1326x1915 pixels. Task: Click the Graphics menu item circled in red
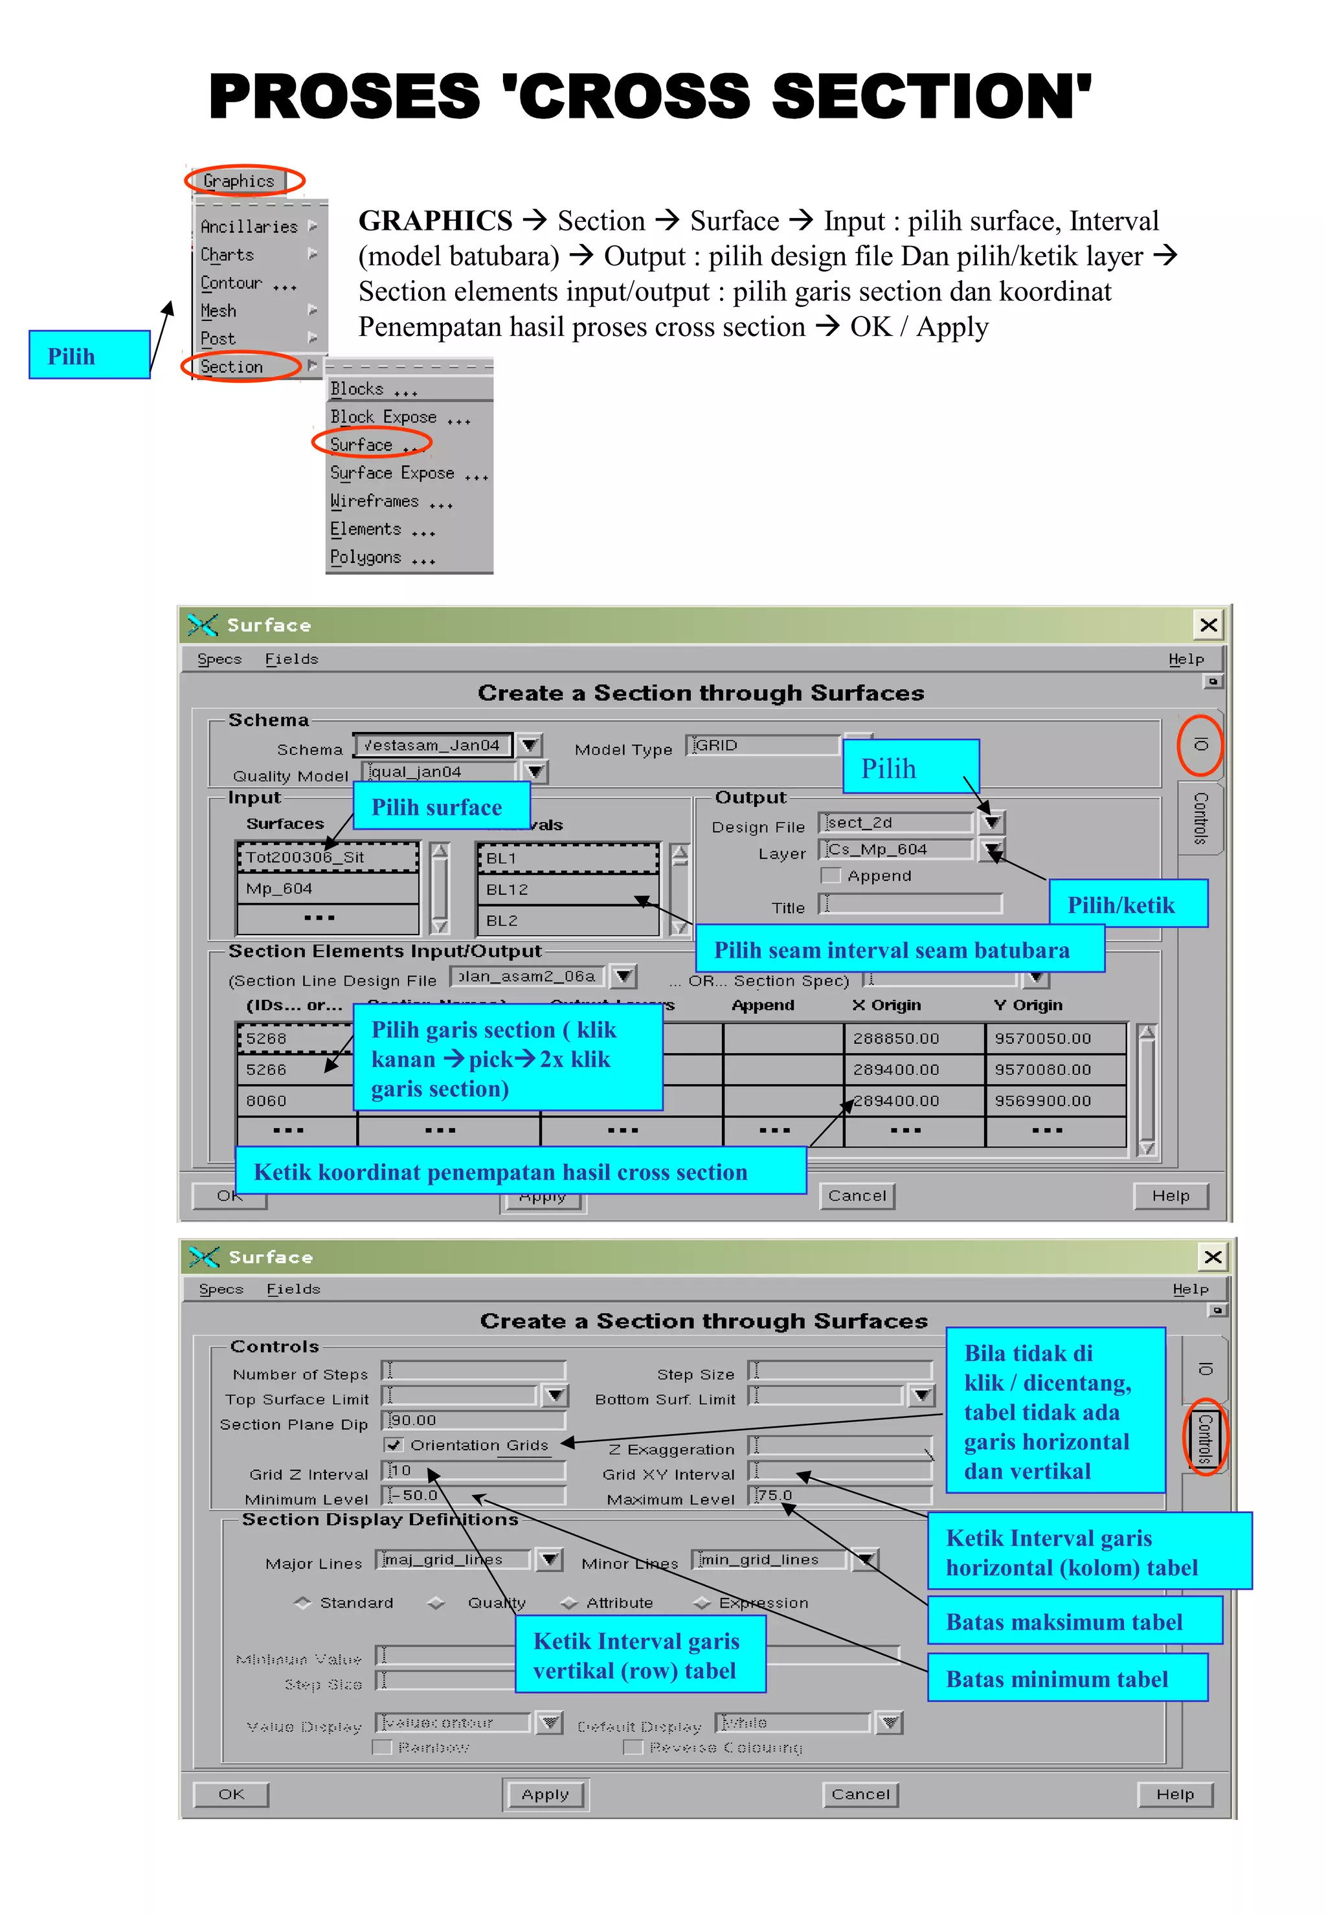pyautogui.click(x=238, y=180)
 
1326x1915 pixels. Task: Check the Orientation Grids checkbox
pyautogui.click(x=394, y=1445)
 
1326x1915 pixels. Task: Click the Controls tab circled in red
pyautogui.click(x=1204, y=1437)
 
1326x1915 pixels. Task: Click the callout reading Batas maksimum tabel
pyautogui.click(x=1073, y=1621)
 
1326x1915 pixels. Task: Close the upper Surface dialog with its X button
pyautogui.click(x=1208, y=625)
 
